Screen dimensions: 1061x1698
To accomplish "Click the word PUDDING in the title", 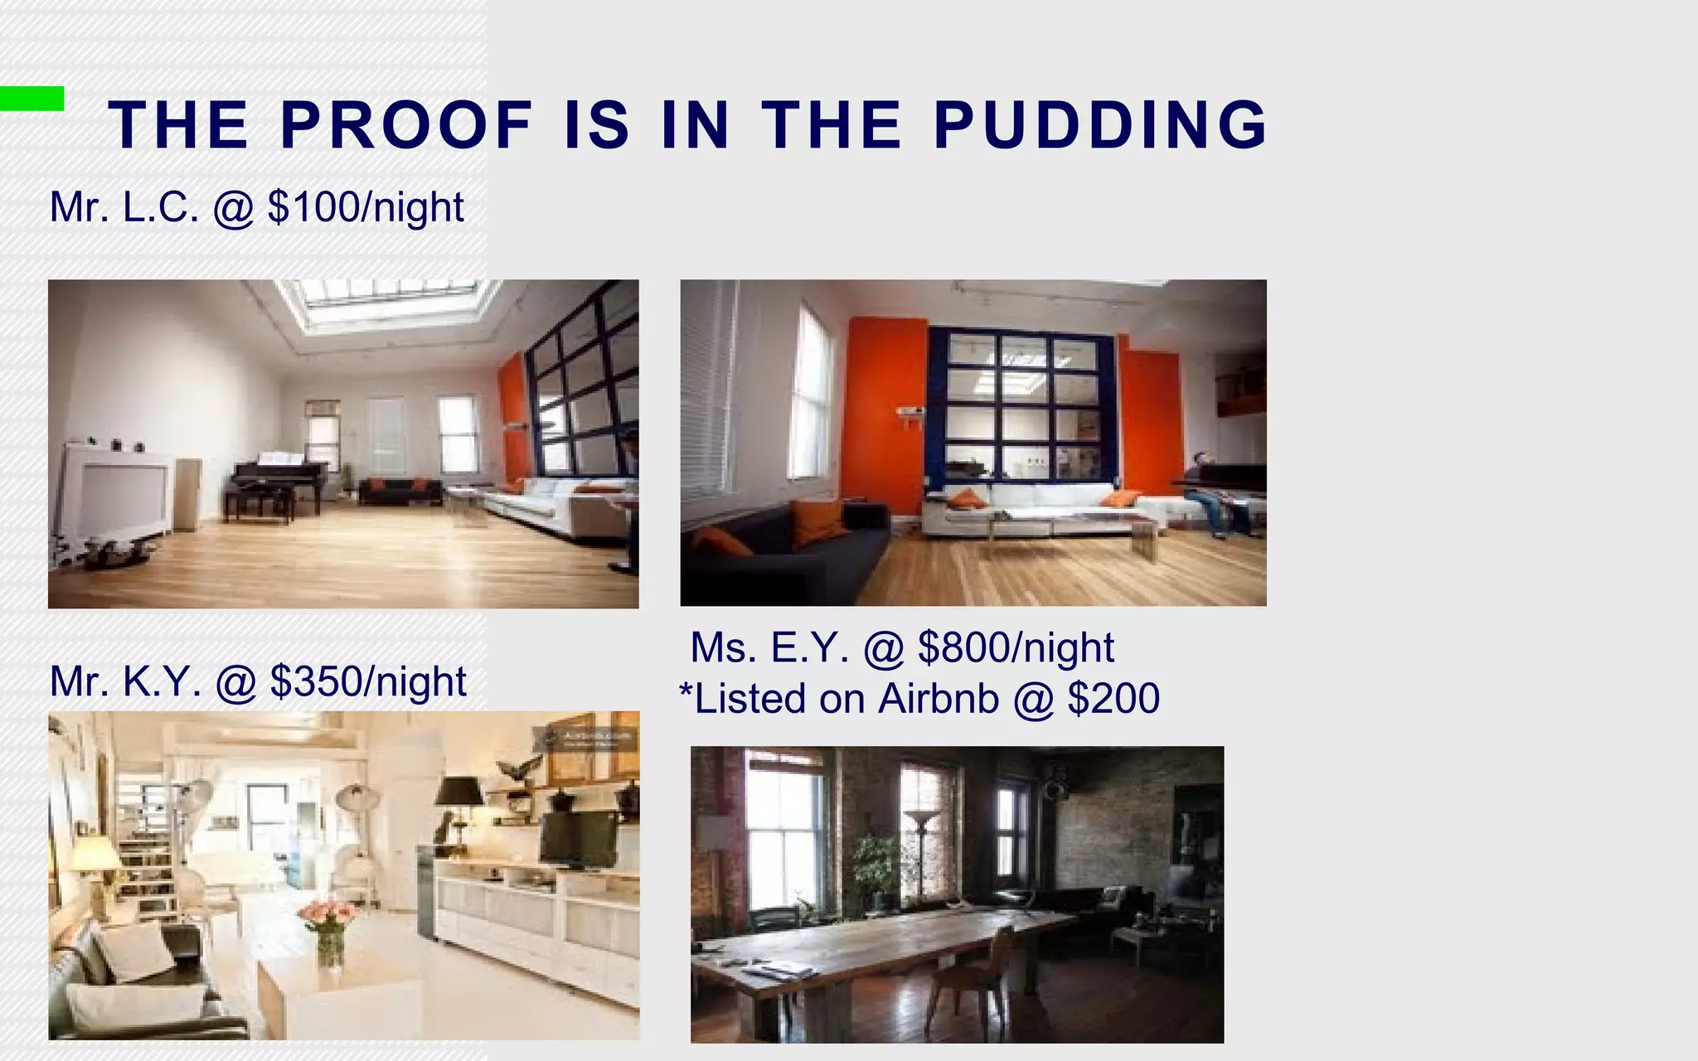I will [x=1100, y=125].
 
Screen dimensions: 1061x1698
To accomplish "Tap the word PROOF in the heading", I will [x=406, y=125].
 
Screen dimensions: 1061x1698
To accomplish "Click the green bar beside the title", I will [x=32, y=98].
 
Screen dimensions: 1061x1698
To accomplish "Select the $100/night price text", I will [x=366, y=207].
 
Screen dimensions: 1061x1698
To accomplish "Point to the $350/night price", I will [x=368, y=681].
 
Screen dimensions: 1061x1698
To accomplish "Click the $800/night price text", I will [x=1016, y=647].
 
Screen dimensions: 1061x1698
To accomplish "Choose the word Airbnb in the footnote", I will [x=939, y=699].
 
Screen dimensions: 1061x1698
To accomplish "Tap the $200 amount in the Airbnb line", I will [x=1113, y=699].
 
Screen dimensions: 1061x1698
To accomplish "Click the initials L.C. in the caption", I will [x=161, y=207].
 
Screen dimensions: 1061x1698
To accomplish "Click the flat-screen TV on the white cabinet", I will [x=579, y=839].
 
